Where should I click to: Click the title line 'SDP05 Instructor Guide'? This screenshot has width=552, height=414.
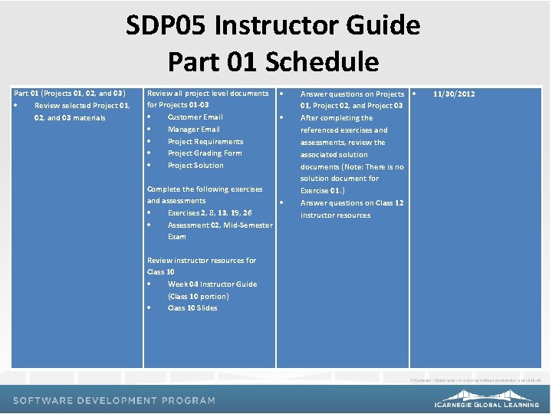(x=273, y=26)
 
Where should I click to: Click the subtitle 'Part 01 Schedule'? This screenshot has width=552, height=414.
(x=273, y=61)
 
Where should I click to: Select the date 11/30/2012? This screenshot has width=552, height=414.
(x=453, y=94)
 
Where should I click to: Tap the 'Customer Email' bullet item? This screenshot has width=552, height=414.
(x=195, y=117)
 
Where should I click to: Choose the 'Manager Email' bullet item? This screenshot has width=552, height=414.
(x=193, y=130)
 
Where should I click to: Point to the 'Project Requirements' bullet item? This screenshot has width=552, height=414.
(x=205, y=142)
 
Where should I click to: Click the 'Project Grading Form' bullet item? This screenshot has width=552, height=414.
(x=204, y=153)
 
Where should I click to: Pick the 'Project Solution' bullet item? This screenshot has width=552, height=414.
(x=195, y=166)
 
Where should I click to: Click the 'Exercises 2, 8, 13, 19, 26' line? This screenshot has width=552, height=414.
(x=209, y=213)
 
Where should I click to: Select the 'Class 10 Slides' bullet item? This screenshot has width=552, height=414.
(x=192, y=308)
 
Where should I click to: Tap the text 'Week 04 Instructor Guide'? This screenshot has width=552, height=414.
(x=212, y=284)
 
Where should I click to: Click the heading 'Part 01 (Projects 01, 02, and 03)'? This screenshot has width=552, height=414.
(x=69, y=94)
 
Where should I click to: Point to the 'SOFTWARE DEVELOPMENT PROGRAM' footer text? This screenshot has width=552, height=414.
(x=114, y=400)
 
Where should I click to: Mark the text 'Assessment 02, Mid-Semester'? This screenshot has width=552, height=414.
(x=219, y=225)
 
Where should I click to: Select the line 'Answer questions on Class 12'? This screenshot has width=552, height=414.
(x=351, y=203)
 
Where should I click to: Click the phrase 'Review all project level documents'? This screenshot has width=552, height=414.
(x=207, y=94)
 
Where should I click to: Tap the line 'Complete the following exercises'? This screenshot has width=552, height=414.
(x=204, y=189)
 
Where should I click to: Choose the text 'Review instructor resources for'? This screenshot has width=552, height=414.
(x=201, y=261)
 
